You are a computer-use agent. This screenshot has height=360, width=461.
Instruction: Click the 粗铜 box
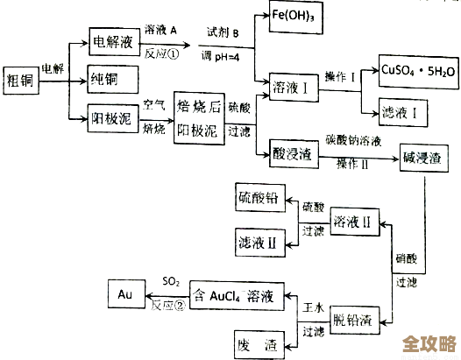(x=22, y=77)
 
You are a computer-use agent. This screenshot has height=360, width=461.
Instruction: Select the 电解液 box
(x=114, y=40)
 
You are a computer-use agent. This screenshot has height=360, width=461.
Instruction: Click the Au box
(x=124, y=294)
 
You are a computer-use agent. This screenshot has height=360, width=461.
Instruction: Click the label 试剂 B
(x=223, y=32)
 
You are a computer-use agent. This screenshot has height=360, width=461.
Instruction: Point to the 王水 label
(x=313, y=311)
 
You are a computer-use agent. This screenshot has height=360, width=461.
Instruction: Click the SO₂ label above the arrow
(x=172, y=282)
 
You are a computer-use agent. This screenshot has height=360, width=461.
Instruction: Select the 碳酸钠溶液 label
(x=355, y=139)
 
